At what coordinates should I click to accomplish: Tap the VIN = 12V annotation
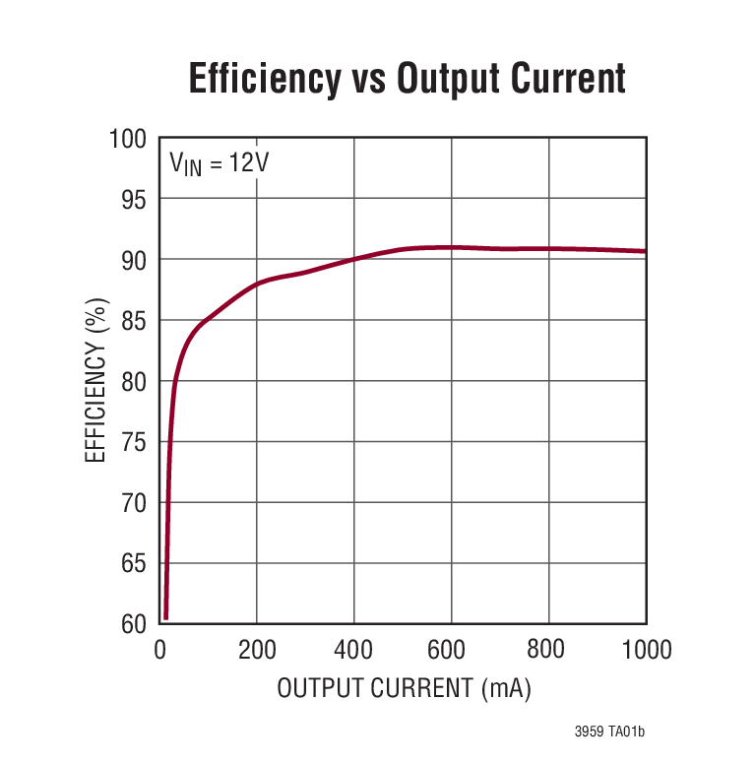tap(219, 162)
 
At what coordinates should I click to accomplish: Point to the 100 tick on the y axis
tap(127, 140)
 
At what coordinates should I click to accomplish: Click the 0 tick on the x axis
tap(160, 650)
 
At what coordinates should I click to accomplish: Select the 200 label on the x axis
tap(257, 650)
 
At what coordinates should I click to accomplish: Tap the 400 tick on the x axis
tap(354, 650)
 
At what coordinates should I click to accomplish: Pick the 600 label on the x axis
tap(451, 650)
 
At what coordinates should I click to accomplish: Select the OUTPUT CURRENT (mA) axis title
tap(404, 688)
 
